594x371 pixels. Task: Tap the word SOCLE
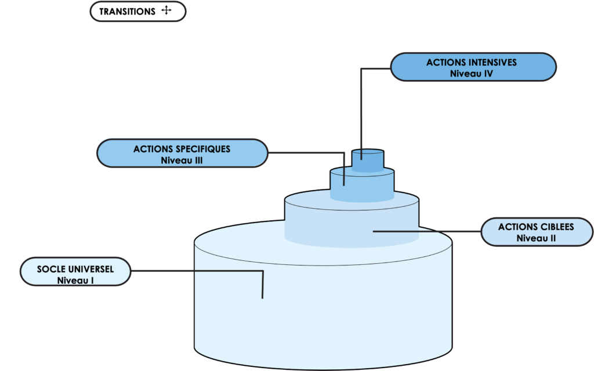tap(50, 269)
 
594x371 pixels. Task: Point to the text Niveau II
tap(536, 238)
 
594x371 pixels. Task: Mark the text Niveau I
tap(75, 280)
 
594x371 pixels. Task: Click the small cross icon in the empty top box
tap(166, 10)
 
